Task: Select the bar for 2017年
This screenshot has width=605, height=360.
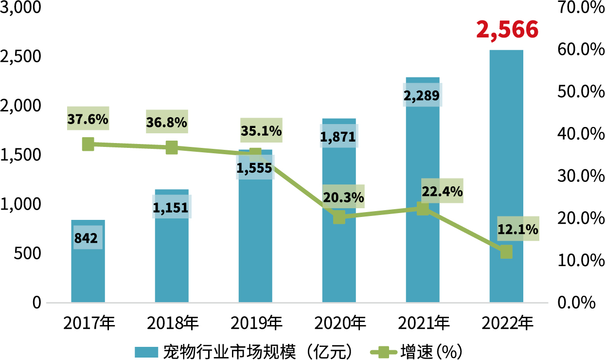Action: [x=88, y=272]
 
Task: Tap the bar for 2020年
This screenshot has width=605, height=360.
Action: [x=339, y=263]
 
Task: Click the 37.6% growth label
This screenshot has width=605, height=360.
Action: [x=88, y=118]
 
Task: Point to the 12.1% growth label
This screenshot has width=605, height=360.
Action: [x=518, y=228]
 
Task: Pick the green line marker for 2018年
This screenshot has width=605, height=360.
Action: [x=172, y=148]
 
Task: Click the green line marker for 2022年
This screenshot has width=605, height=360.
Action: [x=506, y=252]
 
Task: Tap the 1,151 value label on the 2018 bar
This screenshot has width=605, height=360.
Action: [x=172, y=207]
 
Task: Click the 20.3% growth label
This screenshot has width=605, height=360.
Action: [x=343, y=197]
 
